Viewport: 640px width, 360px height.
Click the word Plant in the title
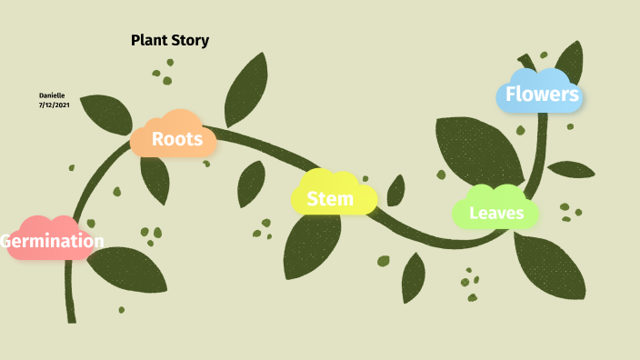150,40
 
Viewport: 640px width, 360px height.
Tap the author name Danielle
52,95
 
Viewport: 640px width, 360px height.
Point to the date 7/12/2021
55,105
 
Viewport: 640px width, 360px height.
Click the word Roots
177,139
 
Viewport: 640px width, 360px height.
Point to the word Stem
330,198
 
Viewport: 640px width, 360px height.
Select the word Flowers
542,94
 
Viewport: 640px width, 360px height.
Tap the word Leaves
496,214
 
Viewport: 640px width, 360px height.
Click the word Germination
52,241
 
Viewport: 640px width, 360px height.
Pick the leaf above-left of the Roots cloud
106,114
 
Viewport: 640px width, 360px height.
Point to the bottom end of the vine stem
71,318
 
